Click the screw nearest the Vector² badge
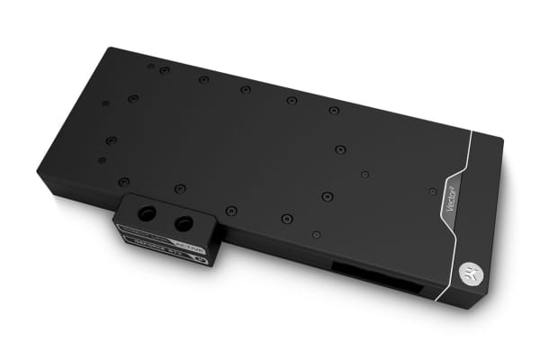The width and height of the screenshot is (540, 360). pos(433,191)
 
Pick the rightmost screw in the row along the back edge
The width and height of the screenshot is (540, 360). pos(334,110)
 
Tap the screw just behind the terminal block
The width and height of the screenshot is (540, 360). pos(180,188)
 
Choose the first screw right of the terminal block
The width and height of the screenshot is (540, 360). pos(231,210)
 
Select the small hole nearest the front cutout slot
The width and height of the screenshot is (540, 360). pos(316,234)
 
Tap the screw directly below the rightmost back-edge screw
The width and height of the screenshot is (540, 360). pos(339,149)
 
